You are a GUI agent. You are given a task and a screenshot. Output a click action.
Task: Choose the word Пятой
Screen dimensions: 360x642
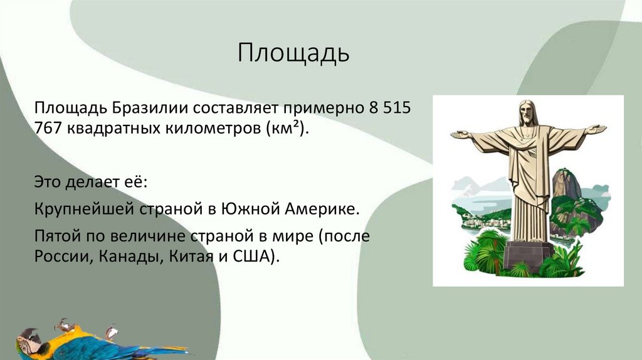pyautogui.click(x=56, y=237)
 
